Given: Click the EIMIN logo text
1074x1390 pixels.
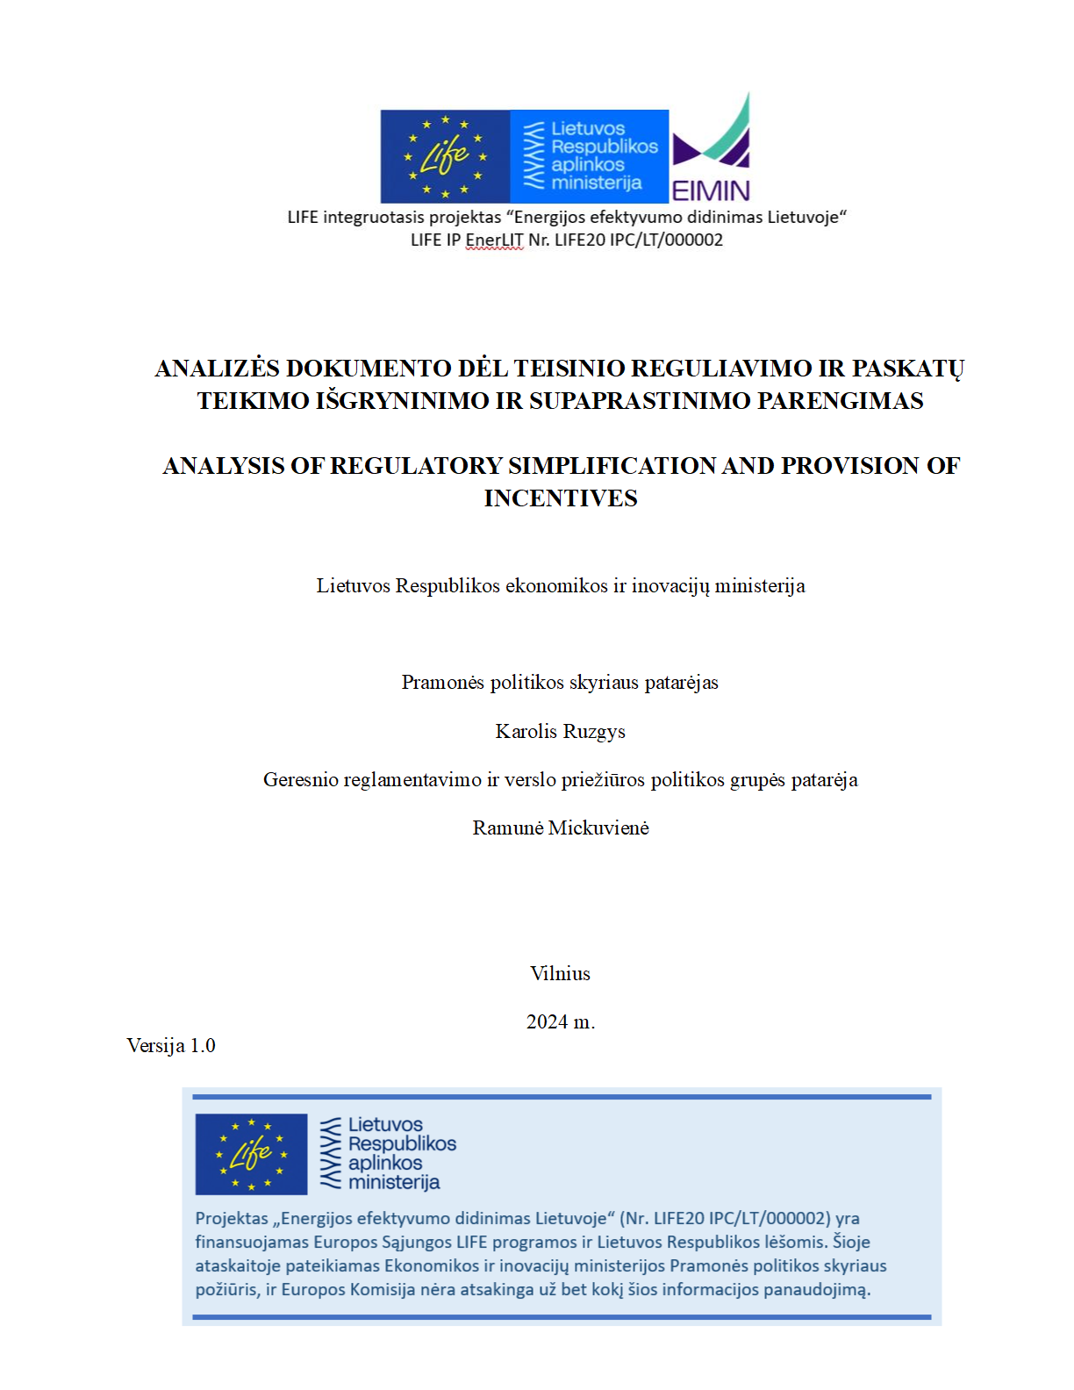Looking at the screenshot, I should coord(711,190).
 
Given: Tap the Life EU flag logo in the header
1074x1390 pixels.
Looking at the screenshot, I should coord(445,156).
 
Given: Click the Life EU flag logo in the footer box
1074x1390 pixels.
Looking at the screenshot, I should coord(251,1154).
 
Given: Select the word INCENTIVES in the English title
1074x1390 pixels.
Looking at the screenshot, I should coord(561,498).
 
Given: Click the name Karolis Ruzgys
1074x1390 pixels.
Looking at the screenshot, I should coord(560,732).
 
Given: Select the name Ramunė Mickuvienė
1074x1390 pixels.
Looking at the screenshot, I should coord(561,828).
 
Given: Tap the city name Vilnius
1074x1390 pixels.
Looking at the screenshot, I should coord(560,974).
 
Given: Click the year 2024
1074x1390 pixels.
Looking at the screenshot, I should coord(548,1022).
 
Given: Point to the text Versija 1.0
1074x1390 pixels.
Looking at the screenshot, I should coord(171,1046).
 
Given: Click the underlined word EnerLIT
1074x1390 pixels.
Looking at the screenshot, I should coord(494,240).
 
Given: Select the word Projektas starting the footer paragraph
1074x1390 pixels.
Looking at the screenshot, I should coord(232,1219).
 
